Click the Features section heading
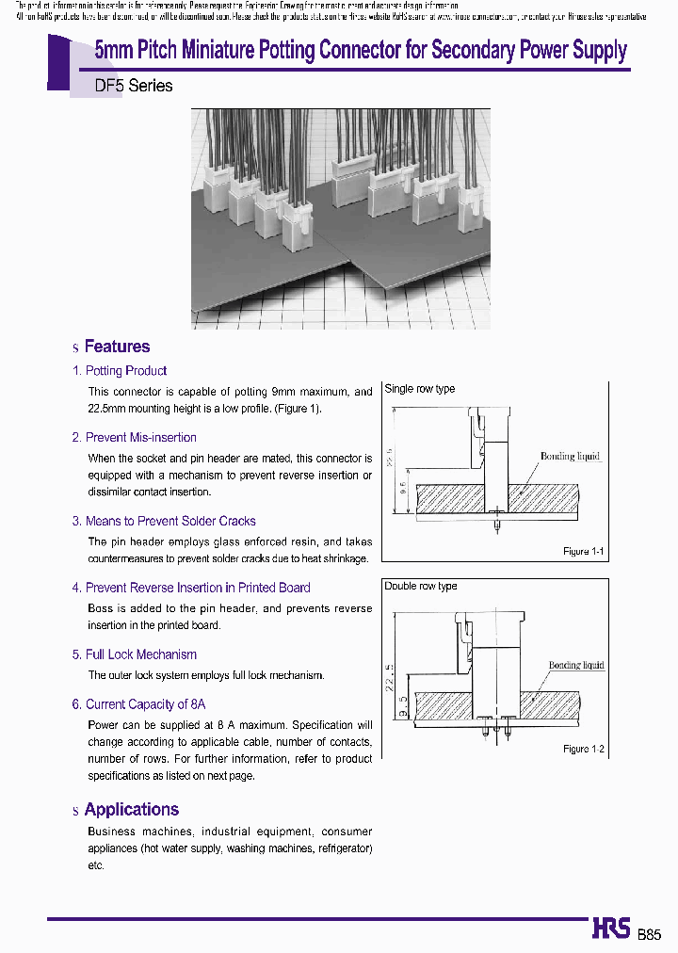coord(117,347)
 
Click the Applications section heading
coord(131,809)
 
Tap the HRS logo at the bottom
coord(611,928)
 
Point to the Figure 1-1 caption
coord(583,551)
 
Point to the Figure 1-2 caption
coord(583,749)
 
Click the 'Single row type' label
coord(420,389)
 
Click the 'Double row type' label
coord(421,586)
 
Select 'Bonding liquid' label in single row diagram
coord(570,457)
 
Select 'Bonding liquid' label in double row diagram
coord(576,665)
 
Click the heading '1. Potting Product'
coord(120,371)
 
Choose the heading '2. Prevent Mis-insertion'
coord(134,438)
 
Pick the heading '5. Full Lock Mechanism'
coord(134,654)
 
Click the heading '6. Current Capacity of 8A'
coord(138,704)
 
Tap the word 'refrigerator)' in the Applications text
coord(340,848)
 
